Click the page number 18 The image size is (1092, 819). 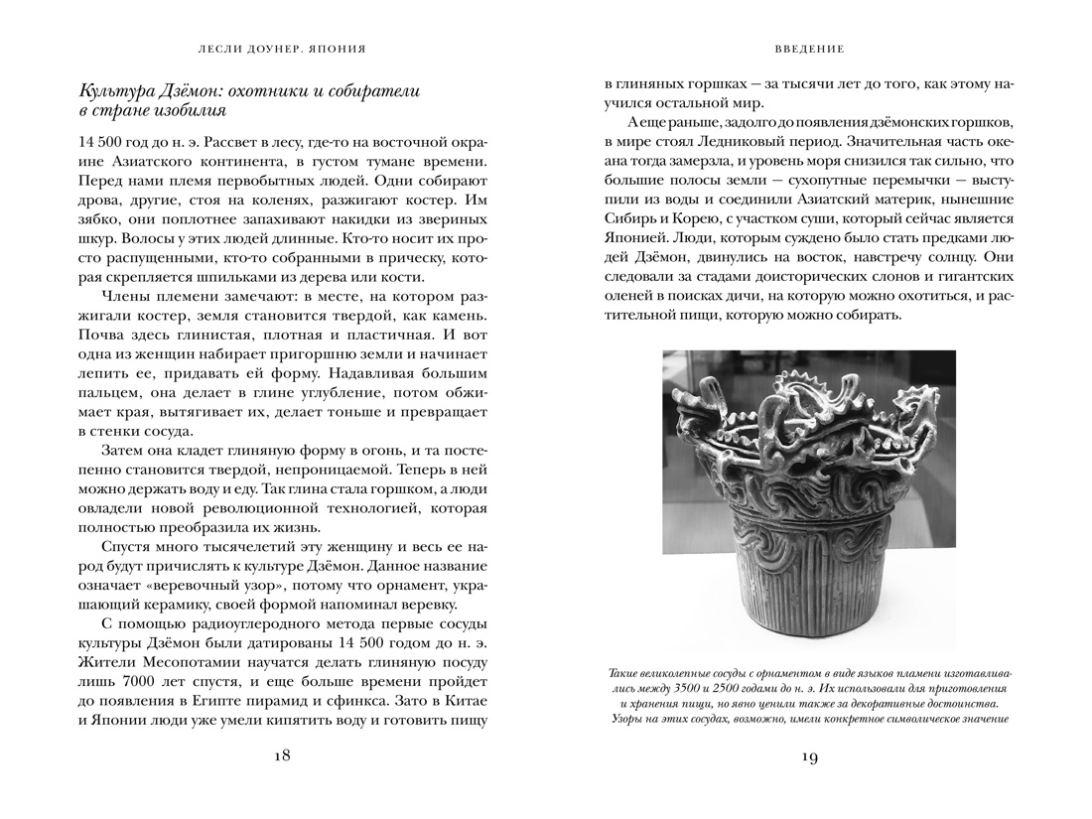[x=281, y=755]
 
